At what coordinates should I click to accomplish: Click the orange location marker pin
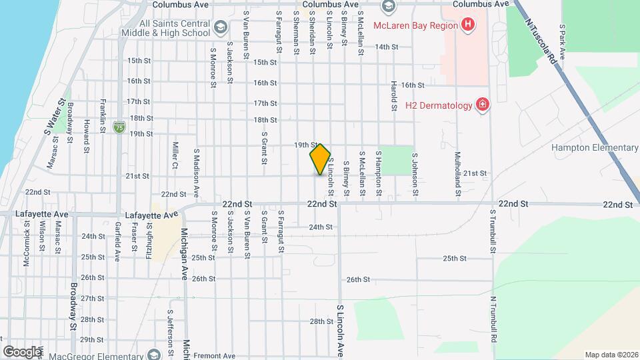(320, 159)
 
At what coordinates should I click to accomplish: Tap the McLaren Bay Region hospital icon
(468, 25)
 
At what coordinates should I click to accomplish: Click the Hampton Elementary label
(595, 147)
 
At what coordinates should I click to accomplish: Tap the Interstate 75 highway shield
(119, 126)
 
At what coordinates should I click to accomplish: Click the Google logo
(22, 351)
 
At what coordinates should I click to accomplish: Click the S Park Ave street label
(563, 43)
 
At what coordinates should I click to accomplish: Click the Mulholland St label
(458, 173)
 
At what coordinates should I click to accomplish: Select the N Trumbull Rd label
(494, 319)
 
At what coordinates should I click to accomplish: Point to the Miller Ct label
(175, 155)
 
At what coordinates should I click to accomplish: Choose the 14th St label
(386, 47)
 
